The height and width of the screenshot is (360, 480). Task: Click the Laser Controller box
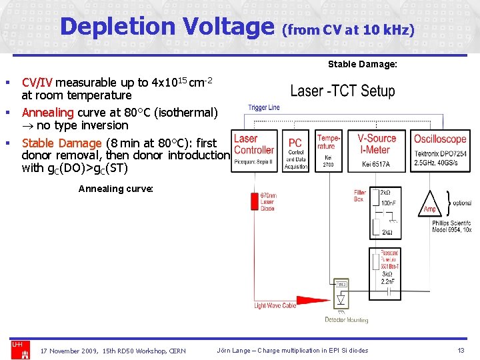254,149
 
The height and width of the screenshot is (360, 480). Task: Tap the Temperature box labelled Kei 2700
327,150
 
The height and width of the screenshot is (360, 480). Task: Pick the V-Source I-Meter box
377,150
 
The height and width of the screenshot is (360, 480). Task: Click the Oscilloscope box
440,150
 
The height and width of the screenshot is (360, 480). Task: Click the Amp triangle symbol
429,207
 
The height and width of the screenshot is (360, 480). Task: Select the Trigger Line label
264,107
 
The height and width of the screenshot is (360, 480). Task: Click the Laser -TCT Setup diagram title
343,91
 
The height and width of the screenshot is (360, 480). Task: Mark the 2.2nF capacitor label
388,282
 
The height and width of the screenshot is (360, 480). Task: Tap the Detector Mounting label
346,320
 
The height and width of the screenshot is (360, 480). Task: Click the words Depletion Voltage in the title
167,27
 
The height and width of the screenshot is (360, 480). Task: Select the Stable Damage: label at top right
362,65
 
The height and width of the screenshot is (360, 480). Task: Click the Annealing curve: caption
116,189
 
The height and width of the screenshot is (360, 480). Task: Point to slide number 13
461,351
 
